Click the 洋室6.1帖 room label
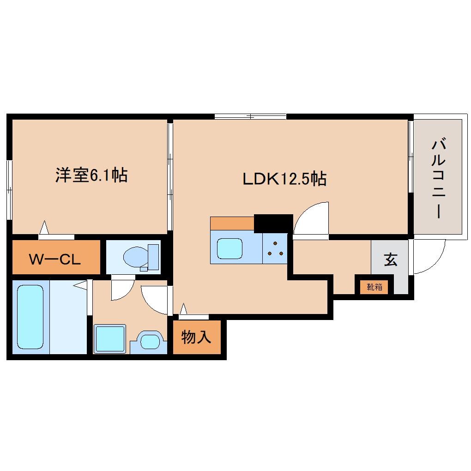(x=91, y=175)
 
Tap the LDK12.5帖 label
(x=284, y=178)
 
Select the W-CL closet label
(x=55, y=259)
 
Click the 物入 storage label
(x=196, y=338)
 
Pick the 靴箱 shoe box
(x=374, y=287)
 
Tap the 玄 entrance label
(x=390, y=260)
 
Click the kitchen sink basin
(x=230, y=249)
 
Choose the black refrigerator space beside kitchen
(x=273, y=223)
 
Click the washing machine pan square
(x=109, y=339)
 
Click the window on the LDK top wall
(x=250, y=116)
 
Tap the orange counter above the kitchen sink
(x=232, y=223)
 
